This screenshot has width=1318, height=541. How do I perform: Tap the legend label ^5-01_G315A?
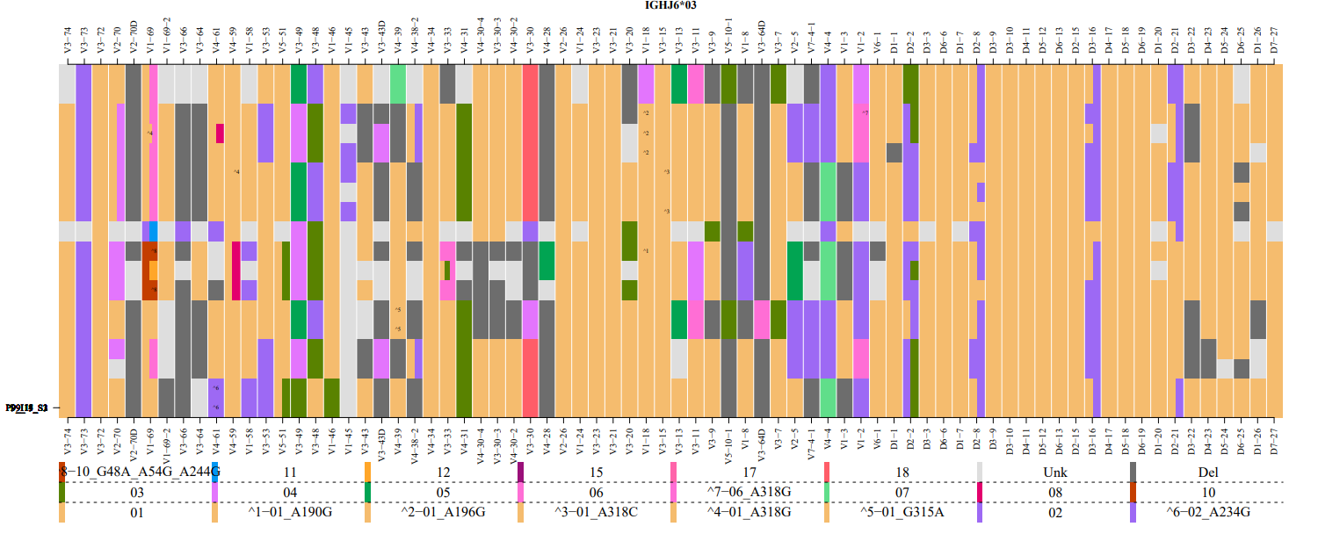[902, 512]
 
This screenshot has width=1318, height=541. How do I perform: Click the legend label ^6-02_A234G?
[1208, 512]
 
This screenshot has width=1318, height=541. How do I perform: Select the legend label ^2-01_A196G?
[444, 512]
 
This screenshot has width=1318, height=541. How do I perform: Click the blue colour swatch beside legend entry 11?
[214, 472]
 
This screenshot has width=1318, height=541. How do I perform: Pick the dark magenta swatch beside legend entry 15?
[520, 472]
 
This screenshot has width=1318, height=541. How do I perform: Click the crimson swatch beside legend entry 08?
[981, 492]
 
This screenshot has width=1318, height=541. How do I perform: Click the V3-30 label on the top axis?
[530, 44]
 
